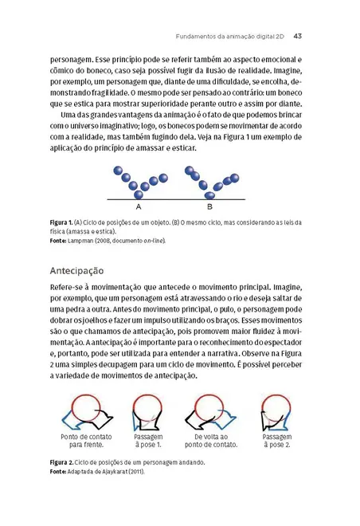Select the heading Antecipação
point(83,269)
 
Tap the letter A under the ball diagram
point(139,206)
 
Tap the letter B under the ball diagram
point(209,206)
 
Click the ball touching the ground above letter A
point(139,194)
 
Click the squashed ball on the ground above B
point(211,195)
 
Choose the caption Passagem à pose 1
point(149,442)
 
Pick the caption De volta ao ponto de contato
point(212,442)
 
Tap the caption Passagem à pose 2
point(276,442)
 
